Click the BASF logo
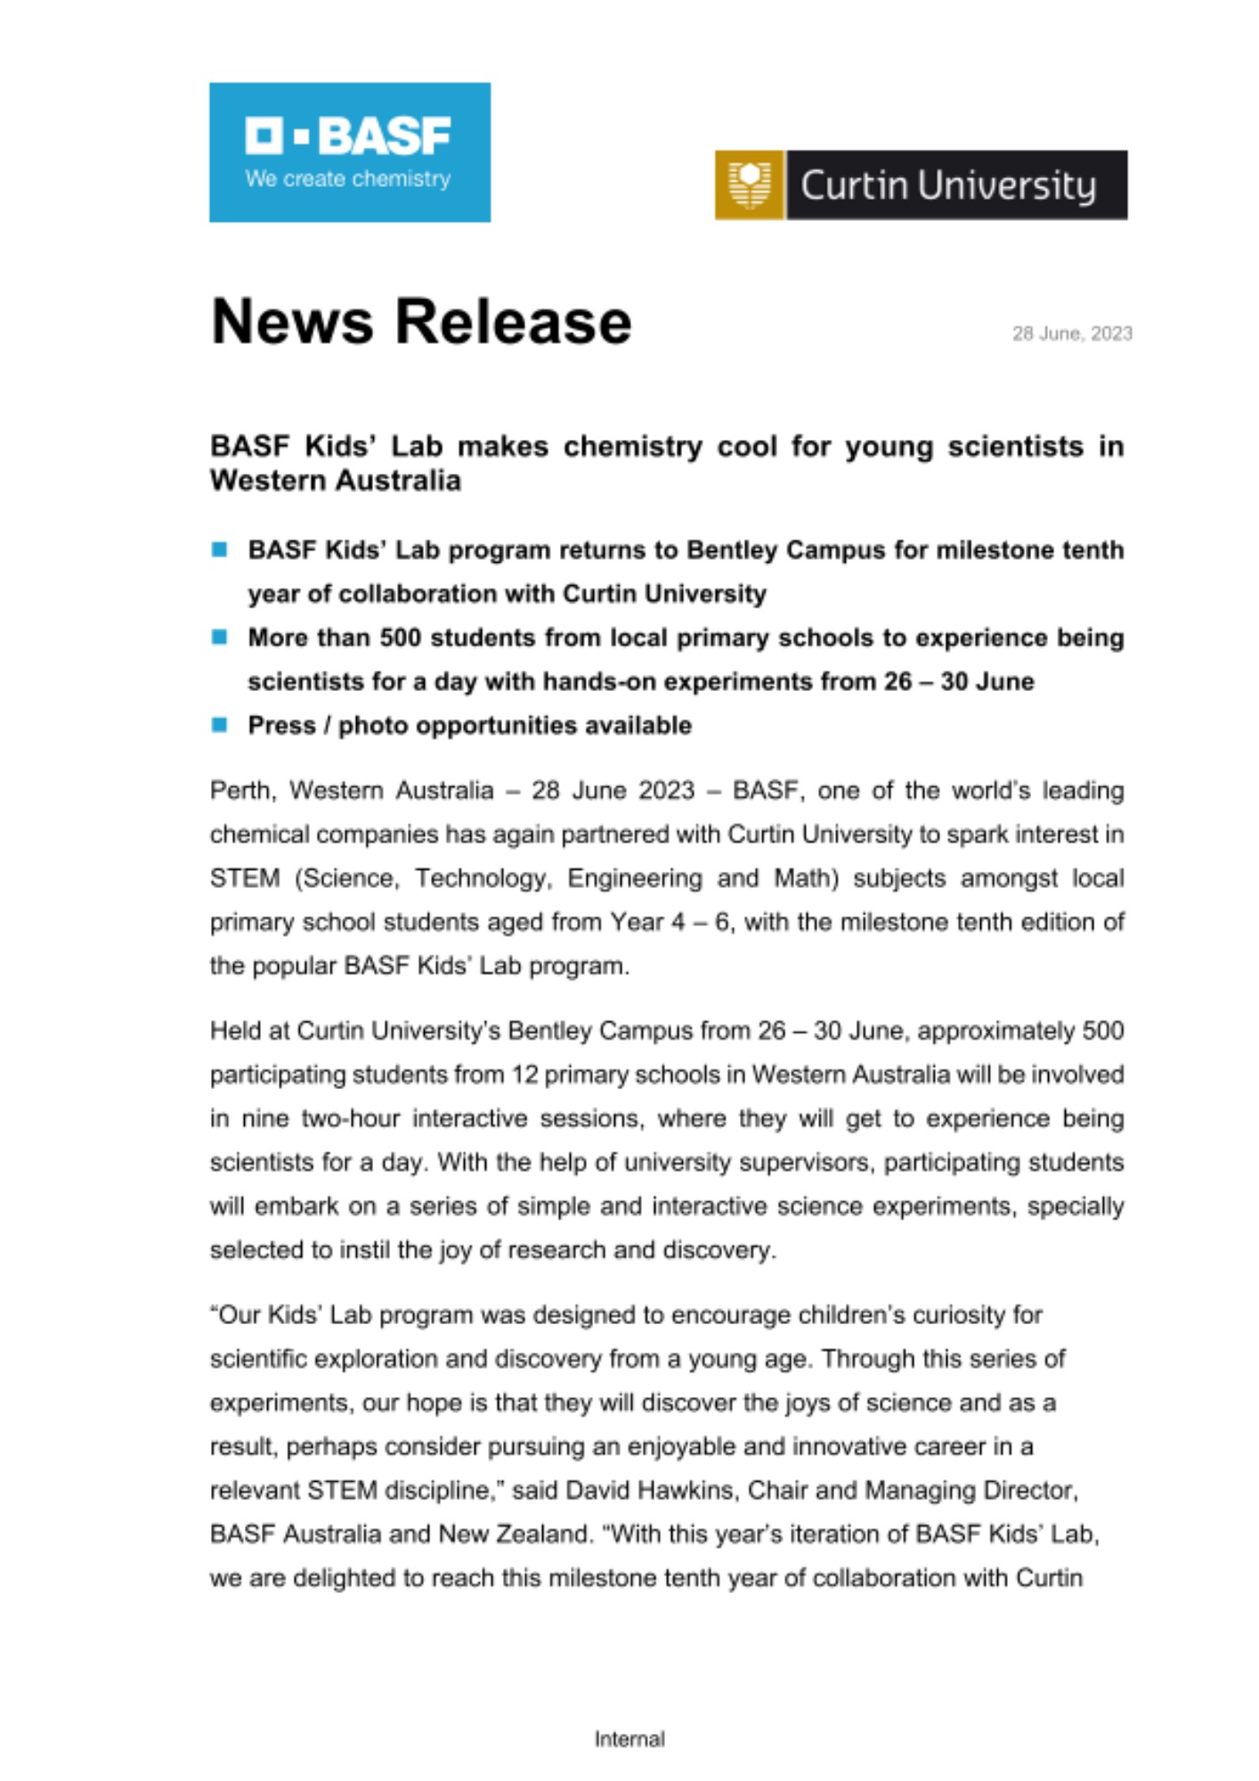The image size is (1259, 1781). (349, 151)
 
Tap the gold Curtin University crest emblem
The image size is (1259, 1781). (749, 184)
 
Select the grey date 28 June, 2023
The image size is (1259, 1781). (1071, 334)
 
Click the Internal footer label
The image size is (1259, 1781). (629, 1739)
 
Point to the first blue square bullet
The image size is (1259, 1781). (219, 549)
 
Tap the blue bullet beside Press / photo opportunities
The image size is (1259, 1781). (219, 725)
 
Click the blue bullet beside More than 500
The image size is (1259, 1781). (219, 637)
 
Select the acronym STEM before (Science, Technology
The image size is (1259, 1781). (245, 878)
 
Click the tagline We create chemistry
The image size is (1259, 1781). (348, 179)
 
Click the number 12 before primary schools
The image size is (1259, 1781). (524, 1075)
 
